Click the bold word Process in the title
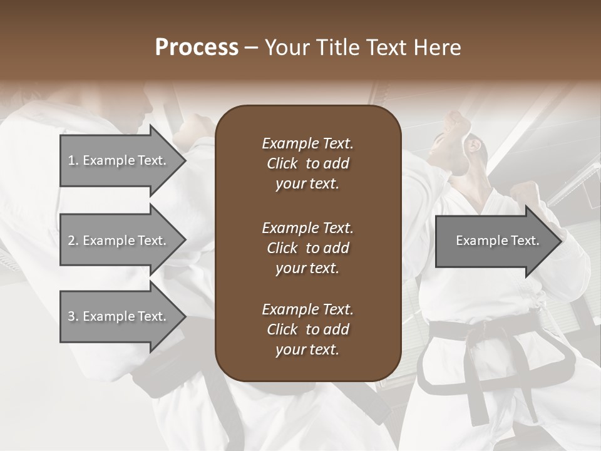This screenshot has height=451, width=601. [197, 48]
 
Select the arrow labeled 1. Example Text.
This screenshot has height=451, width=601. [117, 160]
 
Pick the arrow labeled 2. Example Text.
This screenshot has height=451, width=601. [117, 241]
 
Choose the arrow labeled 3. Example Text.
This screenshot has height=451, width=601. [117, 316]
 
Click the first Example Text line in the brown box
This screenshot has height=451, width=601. [307, 143]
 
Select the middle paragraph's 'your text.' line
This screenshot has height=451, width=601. [307, 268]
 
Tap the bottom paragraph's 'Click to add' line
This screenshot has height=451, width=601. [307, 329]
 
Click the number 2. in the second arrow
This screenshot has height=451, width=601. [73, 241]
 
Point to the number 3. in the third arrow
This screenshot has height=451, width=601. [73, 316]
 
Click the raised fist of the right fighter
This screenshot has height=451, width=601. [456, 122]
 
